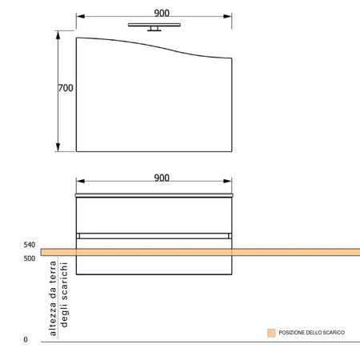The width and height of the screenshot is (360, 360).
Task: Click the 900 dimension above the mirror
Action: click(162, 13)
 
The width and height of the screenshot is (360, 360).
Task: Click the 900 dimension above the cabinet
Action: click(162, 178)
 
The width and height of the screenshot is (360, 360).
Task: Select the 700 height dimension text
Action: click(66, 88)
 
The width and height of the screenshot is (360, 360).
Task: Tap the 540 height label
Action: click(30, 245)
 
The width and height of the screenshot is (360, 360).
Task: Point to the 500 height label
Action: click(30, 258)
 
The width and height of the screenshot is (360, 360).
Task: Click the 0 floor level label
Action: click(26, 339)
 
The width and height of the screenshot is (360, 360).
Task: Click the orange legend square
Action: click(271, 333)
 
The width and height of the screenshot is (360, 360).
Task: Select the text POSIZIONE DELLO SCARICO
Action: click(312, 333)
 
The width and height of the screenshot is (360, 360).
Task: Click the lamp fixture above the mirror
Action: click(154, 27)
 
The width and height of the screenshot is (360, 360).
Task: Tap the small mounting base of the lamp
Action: click(154, 29)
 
